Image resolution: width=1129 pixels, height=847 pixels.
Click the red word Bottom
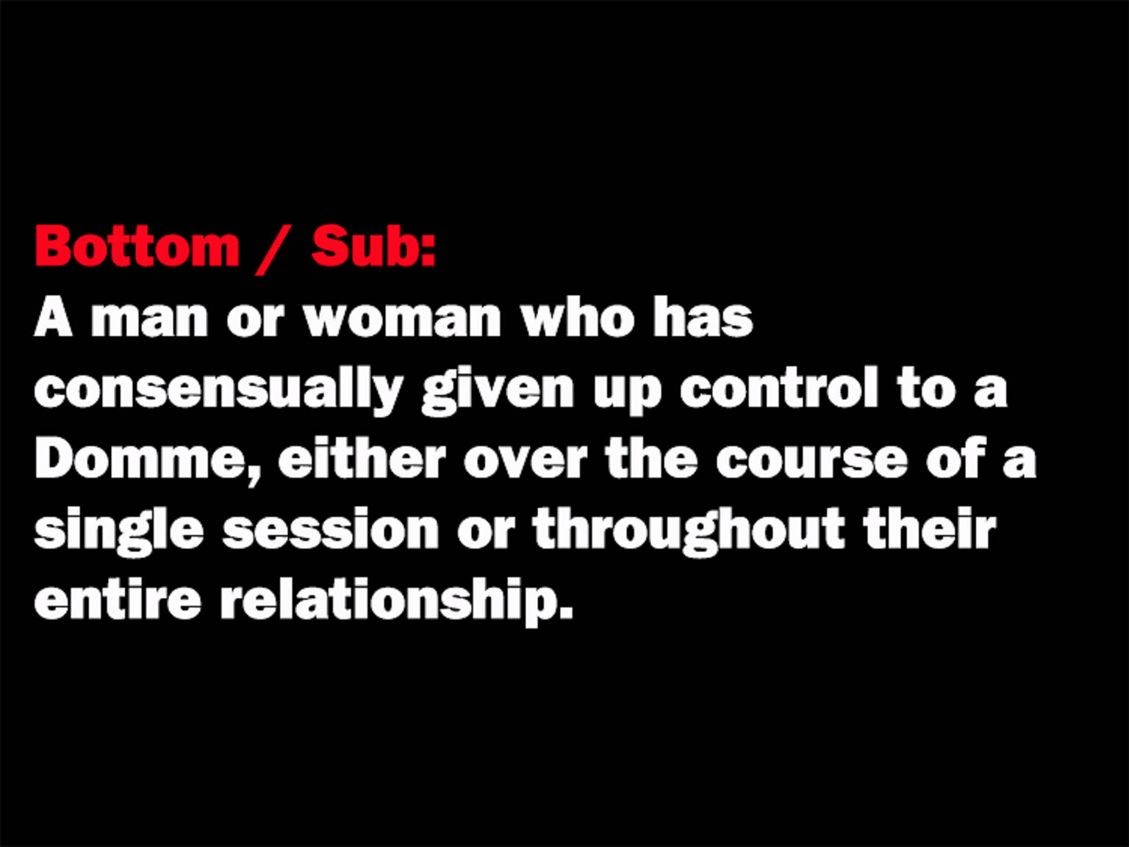[x=137, y=246]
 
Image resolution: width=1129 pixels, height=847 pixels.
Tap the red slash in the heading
[x=273, y=249]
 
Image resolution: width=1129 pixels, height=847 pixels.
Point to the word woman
[x=402, y=320]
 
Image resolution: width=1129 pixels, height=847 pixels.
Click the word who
[x=578, y=318]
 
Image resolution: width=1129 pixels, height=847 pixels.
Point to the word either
[x=362, y=460]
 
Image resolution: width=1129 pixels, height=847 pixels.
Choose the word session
[x=331, y=530]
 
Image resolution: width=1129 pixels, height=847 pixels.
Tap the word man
[x=149, y=320]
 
